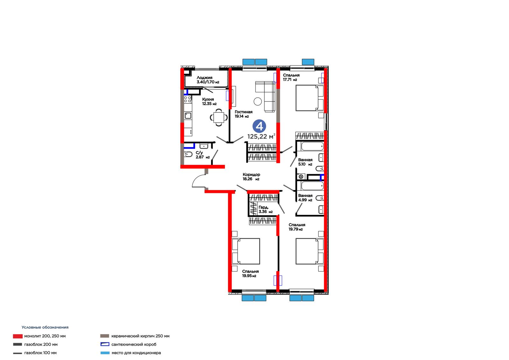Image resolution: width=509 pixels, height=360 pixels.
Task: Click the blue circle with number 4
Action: [259, 126]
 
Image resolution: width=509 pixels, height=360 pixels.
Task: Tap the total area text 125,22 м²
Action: [261, 136]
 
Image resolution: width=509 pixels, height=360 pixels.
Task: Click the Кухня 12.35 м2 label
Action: [209, 102]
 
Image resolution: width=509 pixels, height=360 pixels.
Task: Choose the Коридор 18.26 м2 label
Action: [251, 177]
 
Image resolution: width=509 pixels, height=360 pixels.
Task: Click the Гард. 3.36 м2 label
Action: [265, 209]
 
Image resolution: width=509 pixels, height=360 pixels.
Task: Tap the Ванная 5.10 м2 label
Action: [305, 162]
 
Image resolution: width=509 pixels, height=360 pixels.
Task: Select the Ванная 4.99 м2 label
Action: [305, 198]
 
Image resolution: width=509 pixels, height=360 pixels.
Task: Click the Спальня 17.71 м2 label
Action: [291, 77]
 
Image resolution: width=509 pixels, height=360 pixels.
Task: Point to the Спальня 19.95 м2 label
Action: [250, 274]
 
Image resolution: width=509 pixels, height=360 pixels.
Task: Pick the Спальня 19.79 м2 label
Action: [297, 227]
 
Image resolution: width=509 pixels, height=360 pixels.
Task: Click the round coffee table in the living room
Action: [258, 101]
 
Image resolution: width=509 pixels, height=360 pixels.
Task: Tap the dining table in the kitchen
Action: [219, 117]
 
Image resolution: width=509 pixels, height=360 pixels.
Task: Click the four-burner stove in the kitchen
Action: [188, 99]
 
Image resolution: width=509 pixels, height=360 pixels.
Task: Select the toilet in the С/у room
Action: [188, 154]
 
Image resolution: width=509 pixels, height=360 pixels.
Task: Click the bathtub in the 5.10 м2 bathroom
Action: [312, 146]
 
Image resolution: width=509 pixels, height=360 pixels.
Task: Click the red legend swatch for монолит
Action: [18, 336]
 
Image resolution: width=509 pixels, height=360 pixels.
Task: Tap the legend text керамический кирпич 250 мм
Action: [140, 336]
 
